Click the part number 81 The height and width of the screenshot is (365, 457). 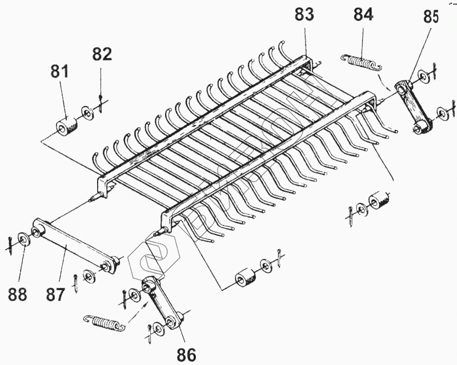[x=59, y=72]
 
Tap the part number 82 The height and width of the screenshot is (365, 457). [x=102, y=55]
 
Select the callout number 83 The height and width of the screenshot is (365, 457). [x=304, y=15]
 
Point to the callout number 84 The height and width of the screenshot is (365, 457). [x=363, y=15]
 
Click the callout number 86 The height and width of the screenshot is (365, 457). [x=186, y=355]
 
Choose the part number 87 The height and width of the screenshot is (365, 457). [x=56, y=294]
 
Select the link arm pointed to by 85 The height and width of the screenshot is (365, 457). [x=415, y=106]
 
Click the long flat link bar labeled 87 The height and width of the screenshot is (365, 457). [x=74, y=245]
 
